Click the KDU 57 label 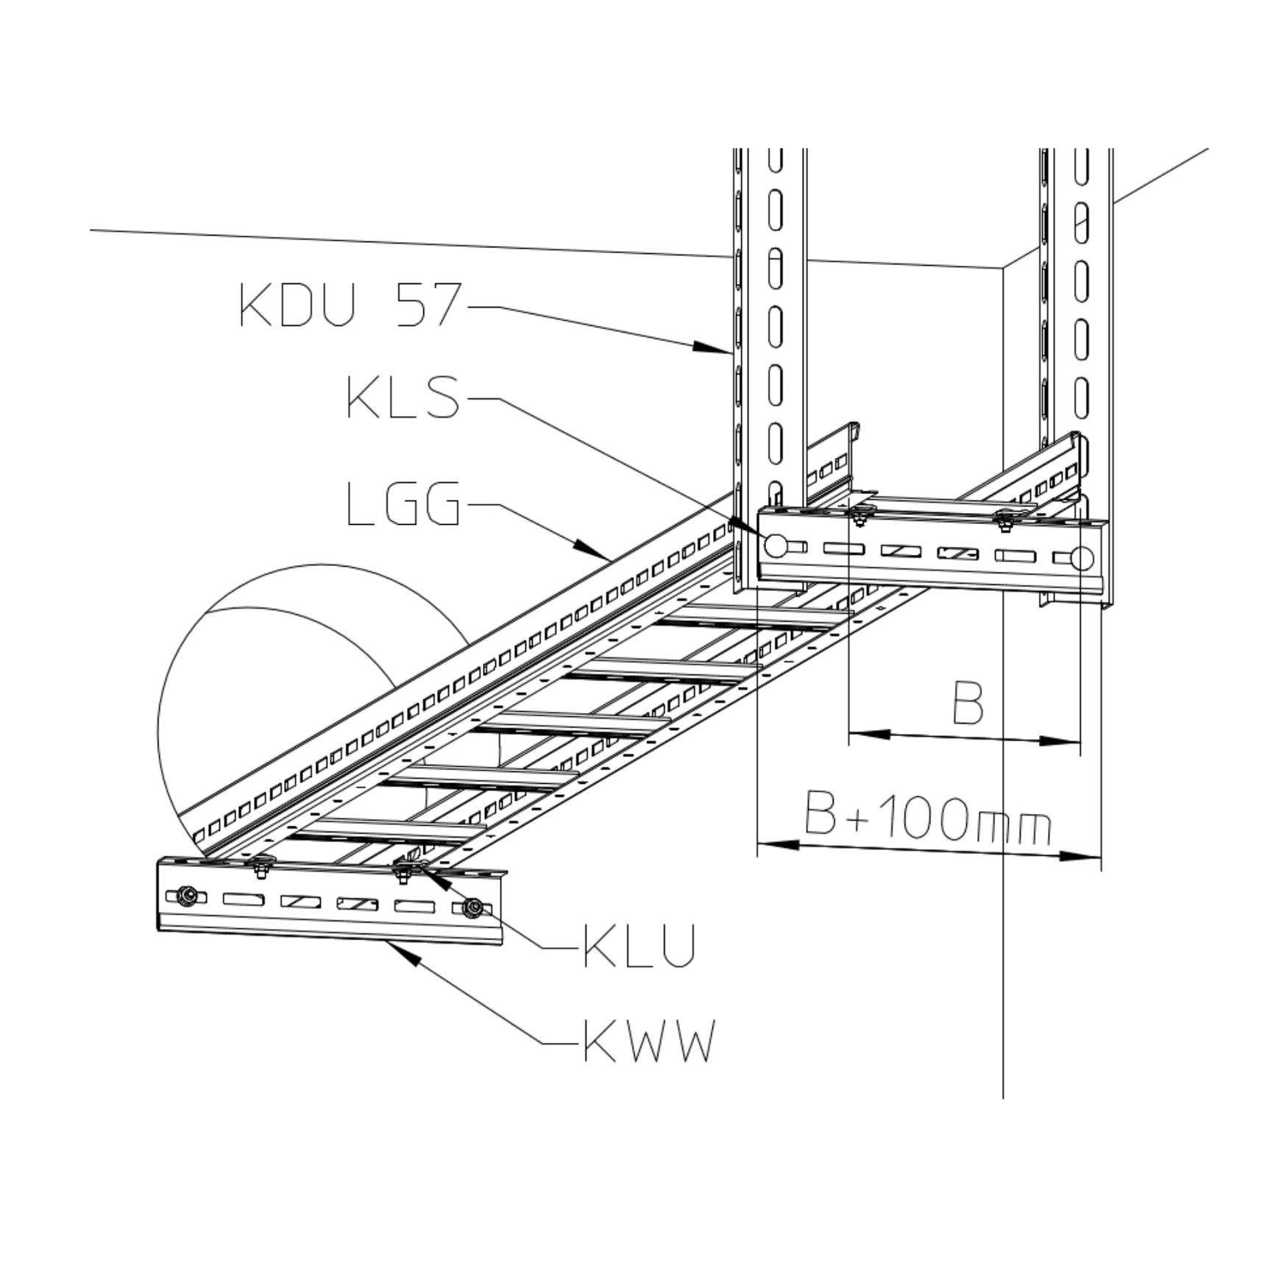350,305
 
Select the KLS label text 403,398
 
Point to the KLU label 639,945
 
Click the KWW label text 648,1040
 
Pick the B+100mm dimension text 927,816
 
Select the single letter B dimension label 968,702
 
